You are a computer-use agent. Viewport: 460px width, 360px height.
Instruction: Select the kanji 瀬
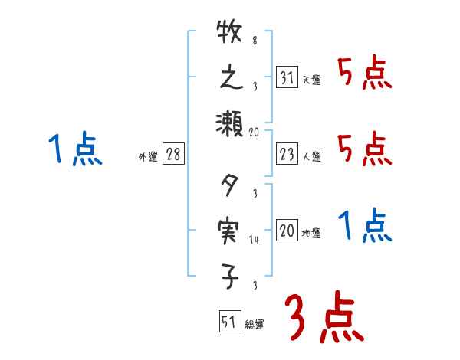click(x=230, y=123)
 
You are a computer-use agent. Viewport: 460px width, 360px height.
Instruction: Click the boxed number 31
click(x=287, y=78)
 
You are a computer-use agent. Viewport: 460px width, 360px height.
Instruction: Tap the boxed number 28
click(x=173, y=155)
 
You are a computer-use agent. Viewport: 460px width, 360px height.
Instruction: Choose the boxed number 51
click(x=229, y=322)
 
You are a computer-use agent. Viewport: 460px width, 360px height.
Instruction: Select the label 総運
click(x=255, y=325)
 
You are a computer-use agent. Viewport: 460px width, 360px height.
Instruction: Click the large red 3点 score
click(x=323, y=318)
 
